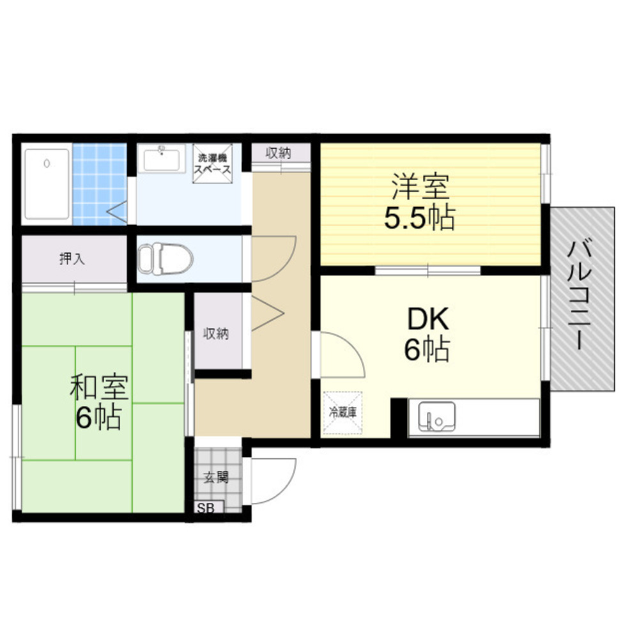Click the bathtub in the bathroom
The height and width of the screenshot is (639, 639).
tap(47, 184)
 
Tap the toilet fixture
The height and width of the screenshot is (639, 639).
tap(165, 259)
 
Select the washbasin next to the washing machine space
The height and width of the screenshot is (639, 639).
tap(161, 159)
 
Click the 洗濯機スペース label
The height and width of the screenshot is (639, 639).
tap(212, 164)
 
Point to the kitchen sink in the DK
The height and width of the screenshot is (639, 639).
tap(436, 417)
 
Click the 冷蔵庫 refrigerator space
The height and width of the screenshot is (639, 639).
tap(343, 412)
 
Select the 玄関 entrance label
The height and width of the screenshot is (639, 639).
tap(216, 477)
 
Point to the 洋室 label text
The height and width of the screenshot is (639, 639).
tap(420, 187)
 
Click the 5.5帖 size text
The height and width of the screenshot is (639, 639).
tap(420, 218)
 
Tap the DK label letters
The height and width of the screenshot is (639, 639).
tap(428, 319)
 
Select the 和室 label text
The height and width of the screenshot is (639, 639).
tap(99, 387)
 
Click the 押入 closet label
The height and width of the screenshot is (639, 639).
tap(72, 258)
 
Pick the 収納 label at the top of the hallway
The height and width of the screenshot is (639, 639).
tap(279, 153)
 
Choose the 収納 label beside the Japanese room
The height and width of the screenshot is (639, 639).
tap(216, 334)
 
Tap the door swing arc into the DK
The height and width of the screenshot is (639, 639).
tap(352, 346)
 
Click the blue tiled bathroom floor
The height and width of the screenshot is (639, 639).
tap(99, 184)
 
